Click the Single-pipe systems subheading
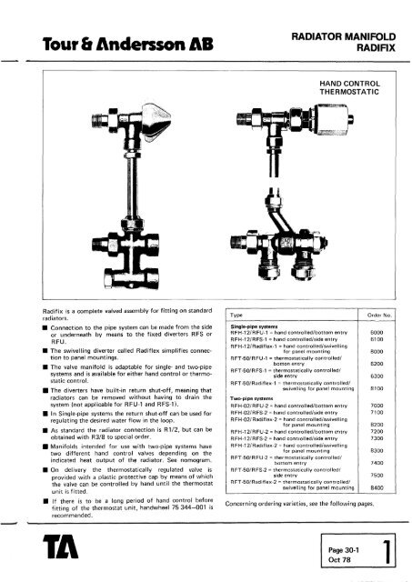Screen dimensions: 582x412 [231, 325]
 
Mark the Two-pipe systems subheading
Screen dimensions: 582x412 [229, 396]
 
